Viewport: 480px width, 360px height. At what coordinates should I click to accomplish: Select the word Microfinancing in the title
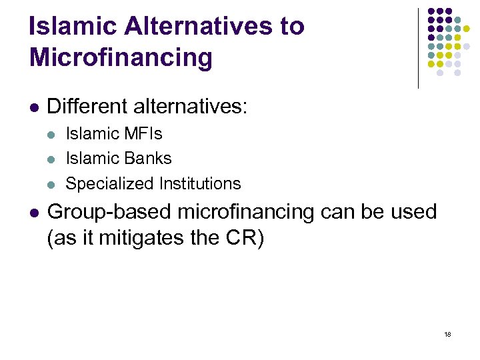121,57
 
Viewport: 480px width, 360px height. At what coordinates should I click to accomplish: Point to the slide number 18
447,334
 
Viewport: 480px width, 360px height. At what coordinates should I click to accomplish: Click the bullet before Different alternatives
34,107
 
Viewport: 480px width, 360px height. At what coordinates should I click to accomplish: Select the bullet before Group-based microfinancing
34,213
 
